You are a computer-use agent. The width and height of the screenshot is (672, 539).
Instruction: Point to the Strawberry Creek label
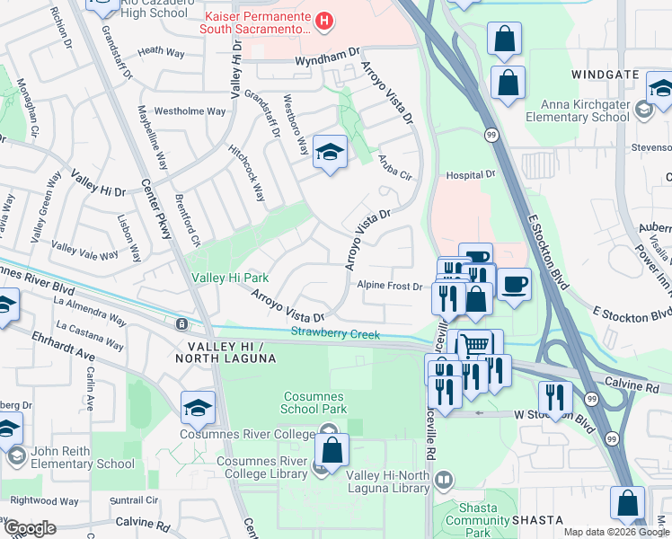point(330,333)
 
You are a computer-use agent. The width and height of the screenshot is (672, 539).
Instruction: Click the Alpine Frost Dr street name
point(390,286)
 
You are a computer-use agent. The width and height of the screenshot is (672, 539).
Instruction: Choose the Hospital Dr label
point(471,174)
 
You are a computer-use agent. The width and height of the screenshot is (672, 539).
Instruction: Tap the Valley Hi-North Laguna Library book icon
point(443,482)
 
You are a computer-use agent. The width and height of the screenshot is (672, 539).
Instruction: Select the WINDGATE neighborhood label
point(605,75)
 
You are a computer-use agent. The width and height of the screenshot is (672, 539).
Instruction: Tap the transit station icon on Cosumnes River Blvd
point(181,323)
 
